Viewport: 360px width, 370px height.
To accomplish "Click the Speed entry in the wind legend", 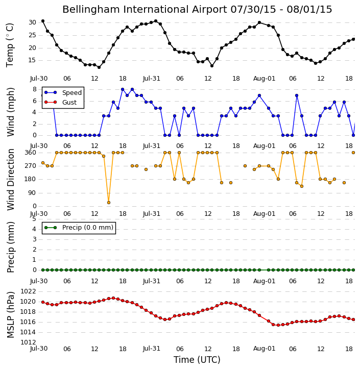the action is click(63, 92).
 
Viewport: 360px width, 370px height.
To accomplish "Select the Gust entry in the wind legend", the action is click(61, 102).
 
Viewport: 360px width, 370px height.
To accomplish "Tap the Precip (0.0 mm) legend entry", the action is click(79, 228).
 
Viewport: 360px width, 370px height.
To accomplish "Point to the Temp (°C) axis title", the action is click(10, 45).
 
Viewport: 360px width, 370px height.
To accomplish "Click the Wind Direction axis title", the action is click(11, 180).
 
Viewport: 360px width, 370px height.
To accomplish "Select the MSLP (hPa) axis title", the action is click(10, 315).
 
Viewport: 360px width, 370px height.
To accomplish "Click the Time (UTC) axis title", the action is click(197, 360).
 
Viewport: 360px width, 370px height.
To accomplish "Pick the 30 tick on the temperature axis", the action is click(32, 22).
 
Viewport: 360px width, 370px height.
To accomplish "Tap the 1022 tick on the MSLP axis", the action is click(28, 291).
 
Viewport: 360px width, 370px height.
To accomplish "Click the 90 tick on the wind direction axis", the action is click(32, 193).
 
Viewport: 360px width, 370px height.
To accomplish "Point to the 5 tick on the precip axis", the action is click(34, 219).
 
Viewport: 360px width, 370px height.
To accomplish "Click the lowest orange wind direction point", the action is click(109, 203).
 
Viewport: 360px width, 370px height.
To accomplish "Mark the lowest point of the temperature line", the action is click(99, 67).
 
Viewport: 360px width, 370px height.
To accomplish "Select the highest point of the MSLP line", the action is click(113, 298).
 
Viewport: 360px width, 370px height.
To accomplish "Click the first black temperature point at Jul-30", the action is click(43, 21).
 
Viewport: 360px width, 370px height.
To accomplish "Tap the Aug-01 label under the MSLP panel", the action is click(264, 349).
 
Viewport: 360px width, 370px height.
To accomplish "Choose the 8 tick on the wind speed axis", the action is click(35, 89).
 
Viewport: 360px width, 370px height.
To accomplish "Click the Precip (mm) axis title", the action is click(11, 248).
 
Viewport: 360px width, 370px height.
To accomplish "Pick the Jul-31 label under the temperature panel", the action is click(151, 79).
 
